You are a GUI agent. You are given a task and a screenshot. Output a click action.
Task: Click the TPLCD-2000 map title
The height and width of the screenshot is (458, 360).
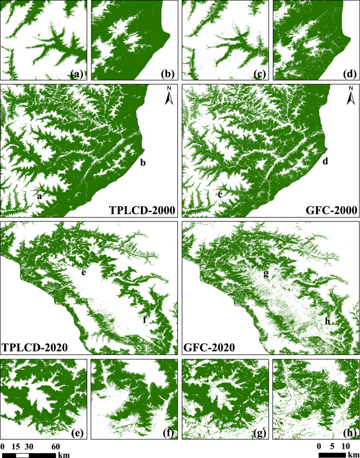click(141, 211)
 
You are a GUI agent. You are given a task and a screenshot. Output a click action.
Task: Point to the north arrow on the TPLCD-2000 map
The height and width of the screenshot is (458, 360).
click(169, 97)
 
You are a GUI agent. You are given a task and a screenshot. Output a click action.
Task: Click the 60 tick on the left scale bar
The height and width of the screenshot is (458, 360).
click(55, 446)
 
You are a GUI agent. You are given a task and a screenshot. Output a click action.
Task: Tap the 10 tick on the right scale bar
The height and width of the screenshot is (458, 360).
click(345, 446)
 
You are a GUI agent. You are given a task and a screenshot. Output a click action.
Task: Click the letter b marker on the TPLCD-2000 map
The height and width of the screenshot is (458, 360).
click(142, 163)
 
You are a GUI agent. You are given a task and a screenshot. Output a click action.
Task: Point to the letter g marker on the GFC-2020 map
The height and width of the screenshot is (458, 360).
click(266, 274)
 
